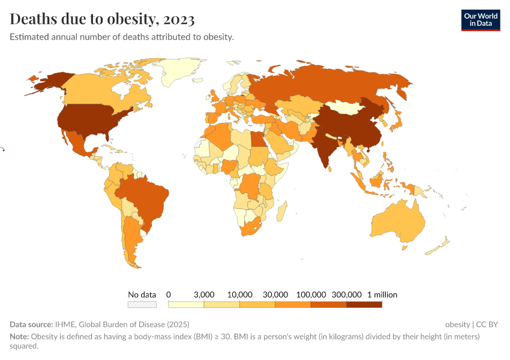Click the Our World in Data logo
[x=480, y=20]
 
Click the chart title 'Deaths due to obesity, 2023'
[x=102, y=20]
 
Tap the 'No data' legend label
[x=142, y=295]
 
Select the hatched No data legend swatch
[x=142, y=304]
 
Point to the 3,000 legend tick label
[x=204, y=295]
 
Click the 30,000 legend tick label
[x=275, y=295]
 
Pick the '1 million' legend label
[x=382, y=295]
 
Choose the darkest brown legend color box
[x=364, y=304]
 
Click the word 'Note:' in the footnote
[x=19, y=337]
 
